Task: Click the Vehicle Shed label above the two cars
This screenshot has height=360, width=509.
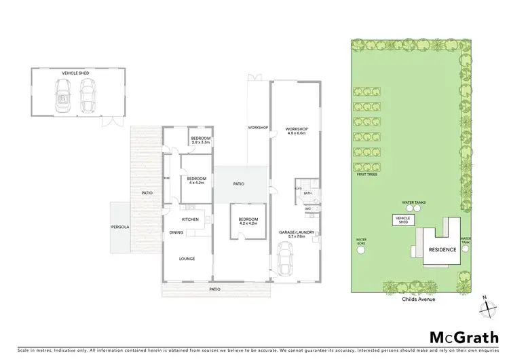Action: click(75, 72)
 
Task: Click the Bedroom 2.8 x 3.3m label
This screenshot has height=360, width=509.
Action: click(201, 141)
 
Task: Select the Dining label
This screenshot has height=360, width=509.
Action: click(176, 232)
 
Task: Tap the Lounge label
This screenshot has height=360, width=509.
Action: click(187, 259)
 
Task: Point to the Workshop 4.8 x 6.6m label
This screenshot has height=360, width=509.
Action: click(296, 131)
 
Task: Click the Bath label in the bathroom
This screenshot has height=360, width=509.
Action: click(307, 194)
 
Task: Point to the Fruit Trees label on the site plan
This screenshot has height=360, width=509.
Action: click(366, 175)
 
